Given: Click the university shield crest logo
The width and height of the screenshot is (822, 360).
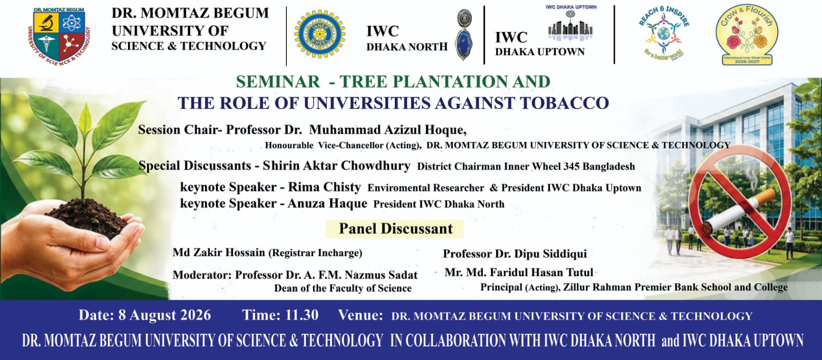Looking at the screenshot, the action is [59, 36].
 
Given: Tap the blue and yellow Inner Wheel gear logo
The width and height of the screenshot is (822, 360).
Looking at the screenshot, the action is [320, 34].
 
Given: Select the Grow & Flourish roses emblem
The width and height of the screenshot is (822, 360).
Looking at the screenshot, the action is [747, 35].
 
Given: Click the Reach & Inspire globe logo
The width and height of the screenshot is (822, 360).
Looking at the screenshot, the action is [664, 33].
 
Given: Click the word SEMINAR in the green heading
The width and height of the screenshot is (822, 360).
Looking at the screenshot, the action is [278, 81].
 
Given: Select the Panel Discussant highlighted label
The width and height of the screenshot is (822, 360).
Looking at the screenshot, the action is [395, 229].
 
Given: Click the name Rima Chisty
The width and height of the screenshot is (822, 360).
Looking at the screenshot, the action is [324, 187].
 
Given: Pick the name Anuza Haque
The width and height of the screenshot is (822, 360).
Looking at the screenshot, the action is [327, 203].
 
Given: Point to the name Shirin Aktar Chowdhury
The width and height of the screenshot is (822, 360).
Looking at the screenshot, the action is [336, 166].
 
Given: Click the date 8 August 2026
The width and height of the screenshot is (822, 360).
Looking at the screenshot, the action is [165, 315].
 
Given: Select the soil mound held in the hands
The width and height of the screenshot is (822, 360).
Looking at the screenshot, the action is [86, 218].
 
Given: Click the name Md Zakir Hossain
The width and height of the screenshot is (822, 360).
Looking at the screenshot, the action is [218, 253].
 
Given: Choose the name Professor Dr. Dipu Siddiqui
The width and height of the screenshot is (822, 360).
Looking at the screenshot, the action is [515, 254].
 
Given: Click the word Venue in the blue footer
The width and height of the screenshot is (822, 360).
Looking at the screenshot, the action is [360, 315].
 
